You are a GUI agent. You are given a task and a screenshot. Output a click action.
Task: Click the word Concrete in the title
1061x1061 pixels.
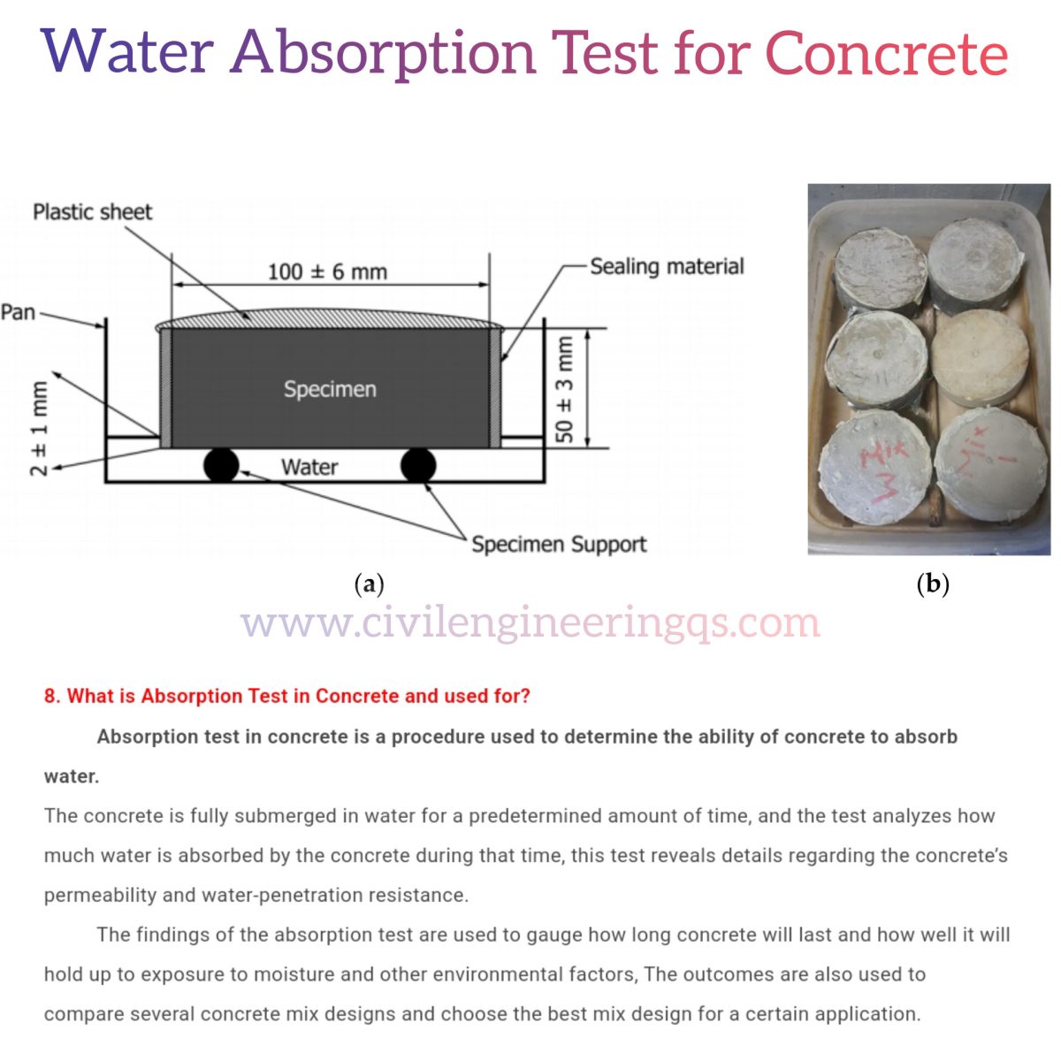(886, 53)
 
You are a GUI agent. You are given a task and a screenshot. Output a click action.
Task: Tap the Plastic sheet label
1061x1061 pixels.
(92, 212)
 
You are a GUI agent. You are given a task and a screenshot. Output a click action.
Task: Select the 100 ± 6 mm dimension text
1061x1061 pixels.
(327, 271)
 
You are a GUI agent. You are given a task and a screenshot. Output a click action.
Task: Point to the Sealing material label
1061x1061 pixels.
(667, 266)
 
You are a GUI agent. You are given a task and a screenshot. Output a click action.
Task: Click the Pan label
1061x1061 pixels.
(18, 312)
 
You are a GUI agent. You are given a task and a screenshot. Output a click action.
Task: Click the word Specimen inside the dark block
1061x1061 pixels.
(330, 389)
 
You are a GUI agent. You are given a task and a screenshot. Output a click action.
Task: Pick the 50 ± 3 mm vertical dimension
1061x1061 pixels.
(564, 388)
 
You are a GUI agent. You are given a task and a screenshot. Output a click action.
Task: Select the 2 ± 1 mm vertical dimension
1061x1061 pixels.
(40, 428)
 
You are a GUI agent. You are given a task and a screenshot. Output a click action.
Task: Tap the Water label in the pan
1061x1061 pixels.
(309, 467)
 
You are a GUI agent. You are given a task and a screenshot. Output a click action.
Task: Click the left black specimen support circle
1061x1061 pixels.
(221, 464)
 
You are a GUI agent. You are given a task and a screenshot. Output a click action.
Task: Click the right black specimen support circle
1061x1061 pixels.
(418, 464)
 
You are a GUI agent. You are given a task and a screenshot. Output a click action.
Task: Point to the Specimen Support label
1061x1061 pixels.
(559, 544)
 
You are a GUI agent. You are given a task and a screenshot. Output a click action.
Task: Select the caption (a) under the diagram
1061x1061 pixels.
(369, 584)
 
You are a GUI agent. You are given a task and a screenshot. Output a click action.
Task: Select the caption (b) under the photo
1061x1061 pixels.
(933, 584)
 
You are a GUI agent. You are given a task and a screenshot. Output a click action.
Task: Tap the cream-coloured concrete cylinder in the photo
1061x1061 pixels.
(980, 356)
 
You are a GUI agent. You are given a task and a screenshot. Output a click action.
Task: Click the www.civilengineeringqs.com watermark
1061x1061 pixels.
(530, 622)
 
